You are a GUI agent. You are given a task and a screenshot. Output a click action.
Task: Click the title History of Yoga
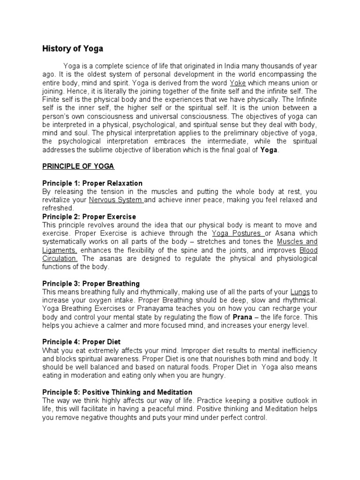[x=73, y=48]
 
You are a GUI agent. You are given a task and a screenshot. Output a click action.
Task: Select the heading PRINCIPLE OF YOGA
[x=78, y=166]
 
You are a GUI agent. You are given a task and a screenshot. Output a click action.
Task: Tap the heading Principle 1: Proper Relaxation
[x=92, y=183]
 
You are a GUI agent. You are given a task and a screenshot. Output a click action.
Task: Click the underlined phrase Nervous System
[x=116, y=200]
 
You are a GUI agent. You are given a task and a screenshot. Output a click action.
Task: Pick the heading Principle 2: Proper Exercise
[x=89, y=217]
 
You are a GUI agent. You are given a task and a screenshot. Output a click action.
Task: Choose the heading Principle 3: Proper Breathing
[x=91, y=284]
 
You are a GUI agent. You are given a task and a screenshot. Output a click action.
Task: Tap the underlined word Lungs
[x=300, y=292]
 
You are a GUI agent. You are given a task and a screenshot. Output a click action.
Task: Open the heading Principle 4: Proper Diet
[x=82, y=342]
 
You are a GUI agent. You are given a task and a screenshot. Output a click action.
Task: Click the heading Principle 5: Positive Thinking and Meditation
[x=117, y=392]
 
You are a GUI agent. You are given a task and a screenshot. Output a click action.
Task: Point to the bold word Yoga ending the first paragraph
[x=269, y=150]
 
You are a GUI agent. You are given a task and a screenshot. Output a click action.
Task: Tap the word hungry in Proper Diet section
[x=213, y=376]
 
